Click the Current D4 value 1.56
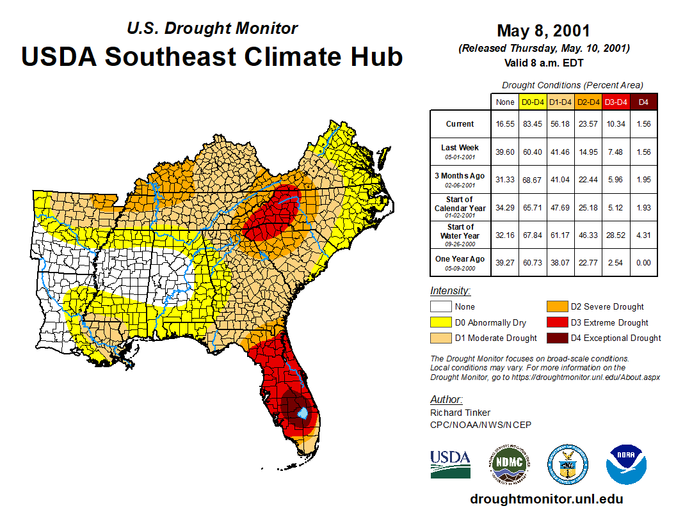644,124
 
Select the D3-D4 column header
616,102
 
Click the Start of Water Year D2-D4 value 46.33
588,235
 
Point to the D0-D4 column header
533,102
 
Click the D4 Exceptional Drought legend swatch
556,338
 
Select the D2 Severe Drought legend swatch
556,306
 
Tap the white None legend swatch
440,306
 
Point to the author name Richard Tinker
460,413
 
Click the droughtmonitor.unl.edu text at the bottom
546,499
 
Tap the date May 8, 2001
543,31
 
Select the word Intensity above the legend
450,290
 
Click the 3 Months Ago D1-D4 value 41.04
560,180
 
